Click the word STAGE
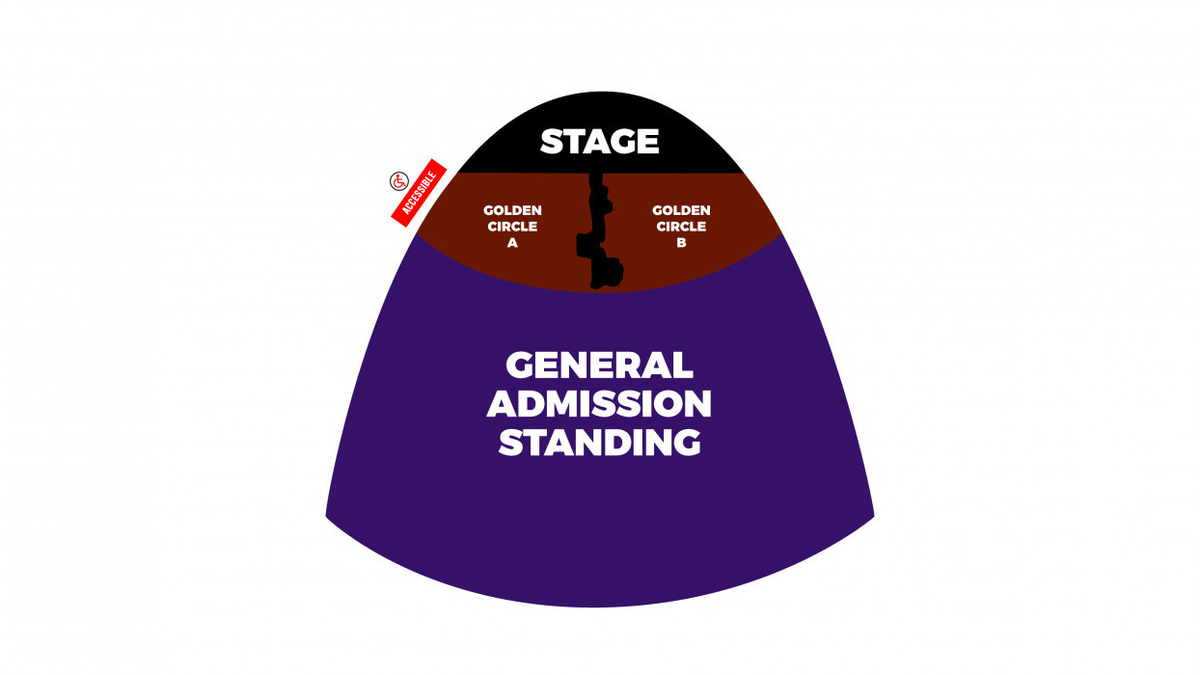pos(599,142)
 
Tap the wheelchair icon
pos(399,181)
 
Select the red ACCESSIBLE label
pos(419,193)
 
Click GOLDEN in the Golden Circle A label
pos(512,210)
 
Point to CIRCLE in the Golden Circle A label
pos(512,227)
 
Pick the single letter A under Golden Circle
pos(512,243)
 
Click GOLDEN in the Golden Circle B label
pos(681,210)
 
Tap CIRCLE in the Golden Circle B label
pos(681,227)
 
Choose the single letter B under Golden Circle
pos(681,243)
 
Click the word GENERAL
pos(599,365)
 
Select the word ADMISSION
pos(599,404)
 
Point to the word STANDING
pos(599,443)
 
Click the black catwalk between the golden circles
pos(600,231)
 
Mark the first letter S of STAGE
pos(552,142)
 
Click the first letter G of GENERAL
pos(520,365)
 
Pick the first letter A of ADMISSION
pos(502,404)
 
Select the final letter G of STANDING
pos(686,443)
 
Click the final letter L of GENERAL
pos(682,365)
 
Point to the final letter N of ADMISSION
pos(697,404)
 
